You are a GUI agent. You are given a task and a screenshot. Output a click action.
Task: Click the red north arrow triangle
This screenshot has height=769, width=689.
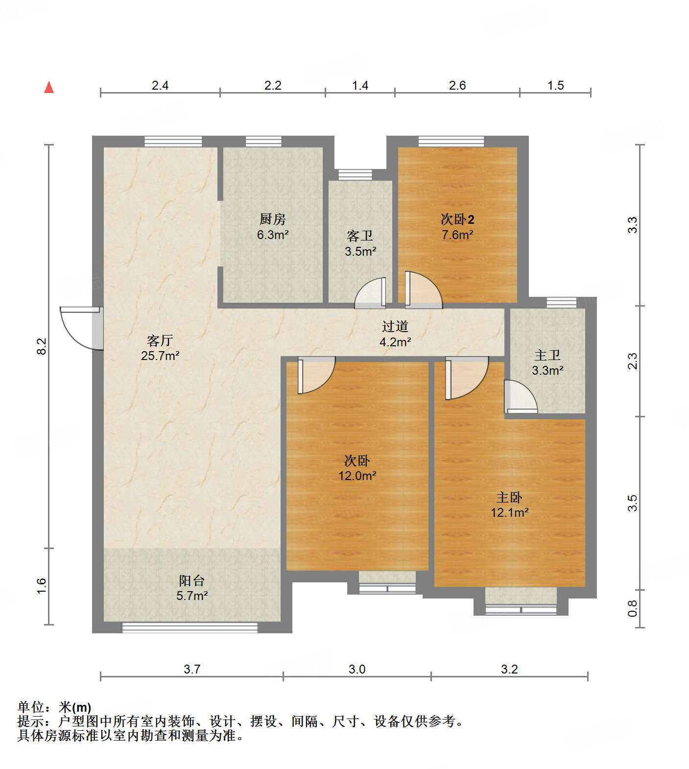click(49, 88)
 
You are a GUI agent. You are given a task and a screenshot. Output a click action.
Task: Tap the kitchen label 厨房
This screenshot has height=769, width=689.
click(272, 219)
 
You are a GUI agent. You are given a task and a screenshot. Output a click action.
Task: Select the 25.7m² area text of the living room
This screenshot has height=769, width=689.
click(160, 356)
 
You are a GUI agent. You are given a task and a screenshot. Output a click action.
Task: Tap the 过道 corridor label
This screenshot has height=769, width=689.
click(395, 326)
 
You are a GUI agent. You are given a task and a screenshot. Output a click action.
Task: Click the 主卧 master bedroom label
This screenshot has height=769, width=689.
click(509, 498)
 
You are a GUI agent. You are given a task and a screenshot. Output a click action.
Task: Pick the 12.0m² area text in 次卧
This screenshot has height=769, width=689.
click(357, 476)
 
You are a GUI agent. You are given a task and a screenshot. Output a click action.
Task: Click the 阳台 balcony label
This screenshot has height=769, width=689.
click(191, 581)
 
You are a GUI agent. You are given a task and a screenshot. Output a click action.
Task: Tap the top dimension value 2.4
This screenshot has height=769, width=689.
click(160, 86)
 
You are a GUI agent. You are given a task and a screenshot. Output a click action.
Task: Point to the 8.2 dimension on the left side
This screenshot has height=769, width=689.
click(42, 346)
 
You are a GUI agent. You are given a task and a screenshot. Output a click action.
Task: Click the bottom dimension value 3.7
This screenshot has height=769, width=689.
click(192, 669)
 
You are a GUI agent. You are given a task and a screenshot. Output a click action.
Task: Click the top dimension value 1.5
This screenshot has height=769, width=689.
click(555, 86)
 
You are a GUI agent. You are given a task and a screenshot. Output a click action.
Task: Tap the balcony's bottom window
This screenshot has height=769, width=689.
click(190, 627)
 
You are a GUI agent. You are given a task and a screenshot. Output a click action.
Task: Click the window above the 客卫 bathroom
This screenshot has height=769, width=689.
click(355, 174)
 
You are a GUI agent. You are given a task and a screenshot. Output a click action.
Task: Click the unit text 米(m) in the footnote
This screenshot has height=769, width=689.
click(75, 707)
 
